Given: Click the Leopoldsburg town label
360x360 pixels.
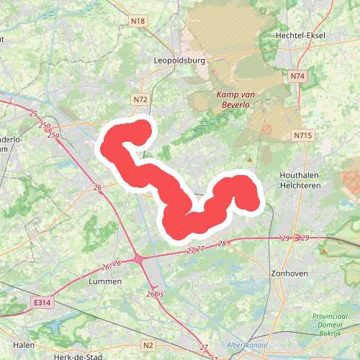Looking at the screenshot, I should [x=180, y=60].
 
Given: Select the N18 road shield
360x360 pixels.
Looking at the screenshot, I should [x=138, y=22].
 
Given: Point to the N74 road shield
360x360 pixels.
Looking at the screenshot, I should [x=298, y=76].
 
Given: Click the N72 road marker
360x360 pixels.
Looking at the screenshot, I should [x=140, y=99].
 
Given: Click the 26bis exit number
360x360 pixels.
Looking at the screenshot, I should [x=155, y=294].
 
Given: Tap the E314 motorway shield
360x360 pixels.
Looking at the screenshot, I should [x=44, y=305].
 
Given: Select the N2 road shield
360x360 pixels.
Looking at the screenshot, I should [x=148, y=346].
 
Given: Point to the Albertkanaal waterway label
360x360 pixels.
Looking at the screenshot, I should [x=247, y=346].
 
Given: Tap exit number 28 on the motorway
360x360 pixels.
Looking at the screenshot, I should [x=222, y=243].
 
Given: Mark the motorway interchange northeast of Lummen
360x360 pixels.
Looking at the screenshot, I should [x=138, y=258].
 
